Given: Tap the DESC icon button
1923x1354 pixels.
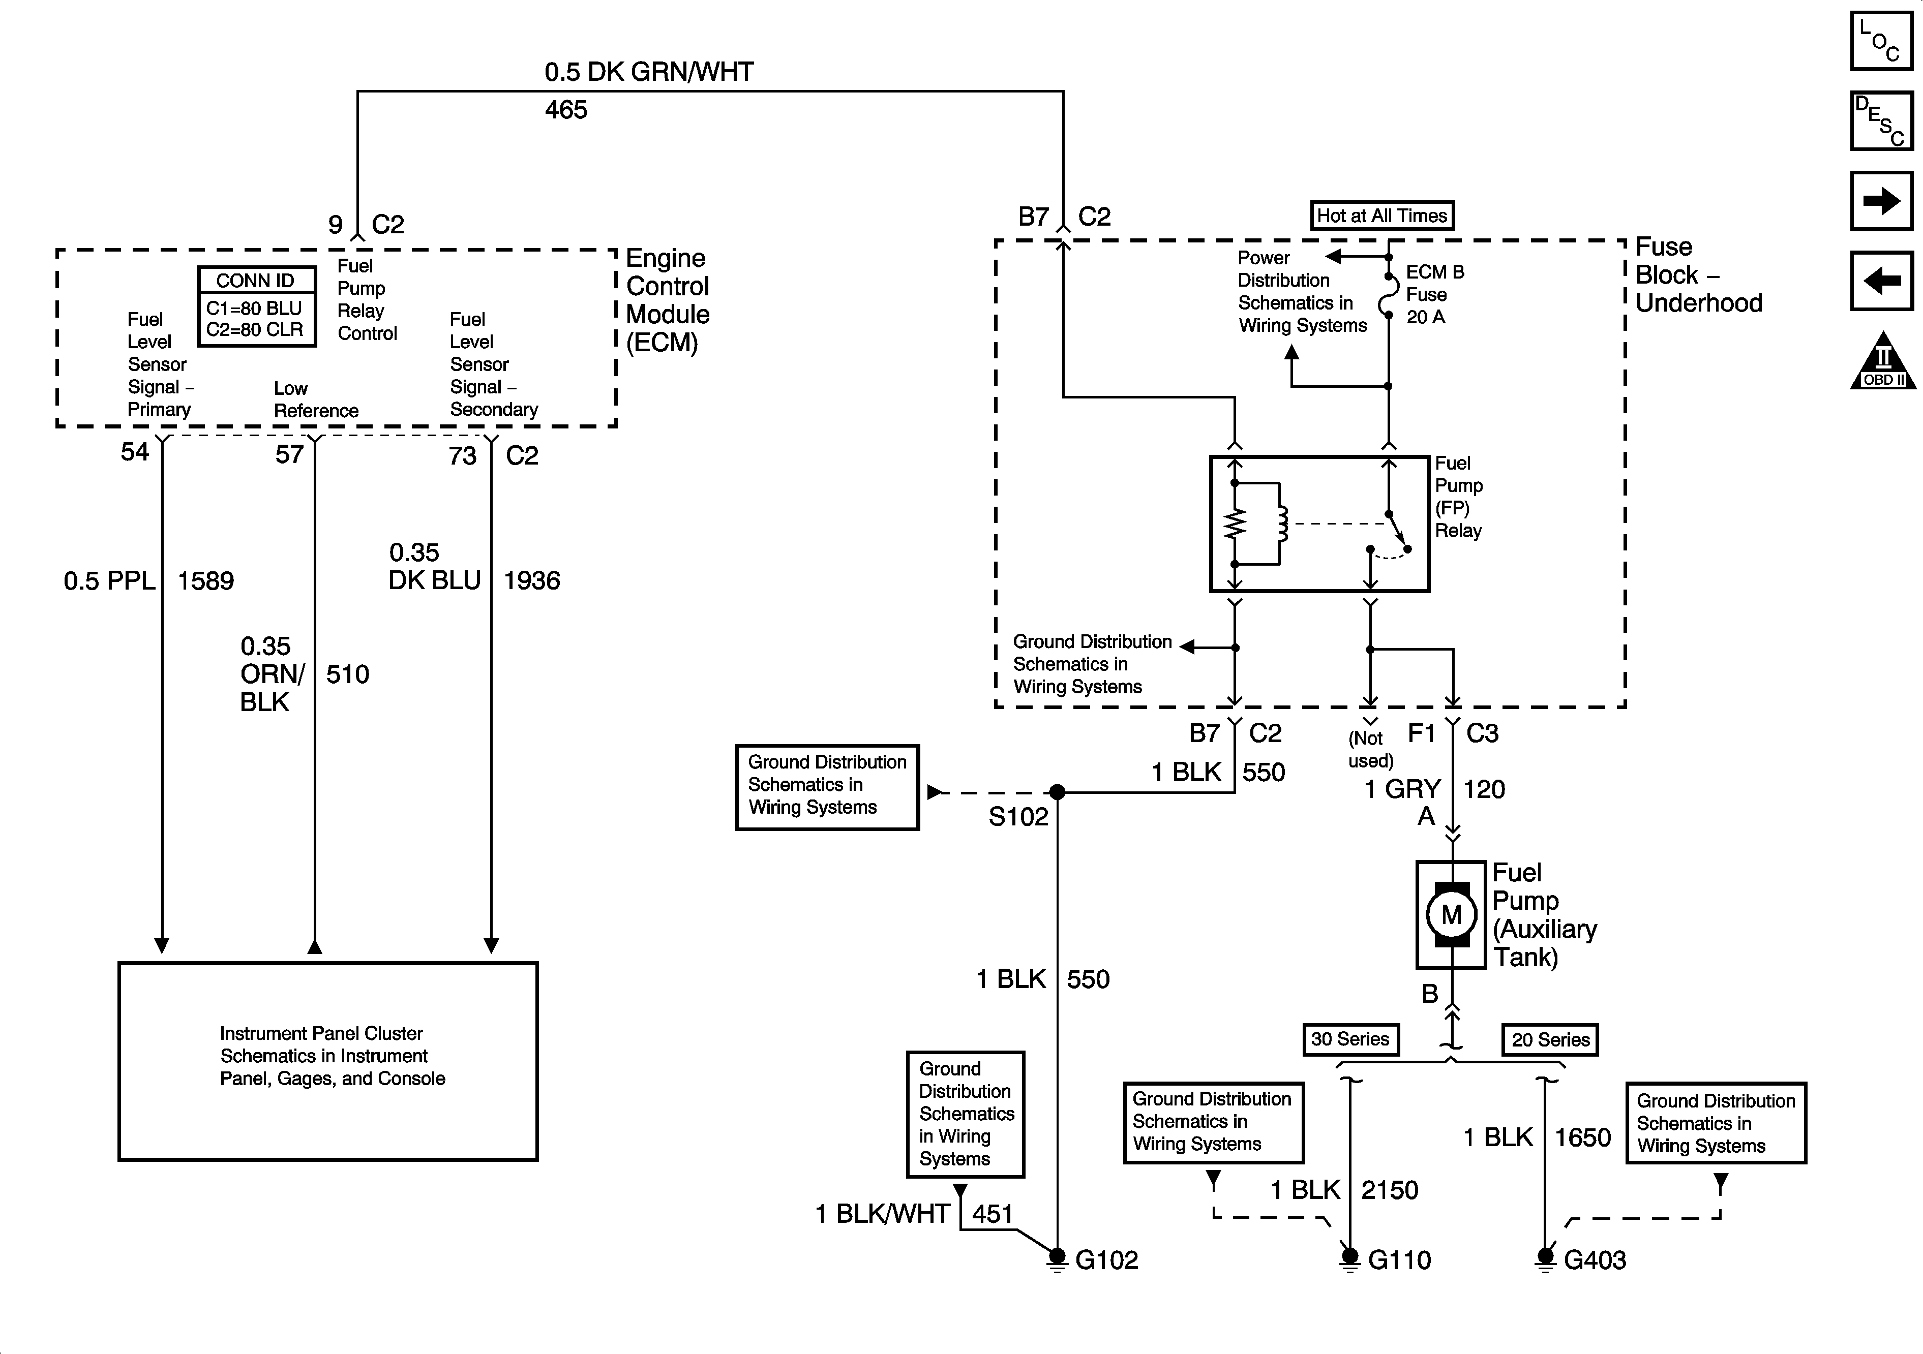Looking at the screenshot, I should click(1881, 120).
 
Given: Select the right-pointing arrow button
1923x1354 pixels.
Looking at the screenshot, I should click(1881, 201).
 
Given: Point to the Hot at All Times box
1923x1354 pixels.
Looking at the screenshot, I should click(1382, 215).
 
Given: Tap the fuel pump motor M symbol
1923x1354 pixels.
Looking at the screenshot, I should click(1452, 914).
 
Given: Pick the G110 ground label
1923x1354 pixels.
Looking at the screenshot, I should click(1399, 1260).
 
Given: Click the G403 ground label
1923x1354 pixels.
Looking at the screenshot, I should click(1595, 1260).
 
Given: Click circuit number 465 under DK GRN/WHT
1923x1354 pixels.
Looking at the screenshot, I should click(566, 110).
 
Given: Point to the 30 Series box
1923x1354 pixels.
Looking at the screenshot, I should click(1350, 1039).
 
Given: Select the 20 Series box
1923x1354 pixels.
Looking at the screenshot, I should click(1550, 1040).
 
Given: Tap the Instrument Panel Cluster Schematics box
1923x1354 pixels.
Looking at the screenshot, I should click(328, 1060).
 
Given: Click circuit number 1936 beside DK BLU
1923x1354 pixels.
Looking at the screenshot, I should click(532, 580).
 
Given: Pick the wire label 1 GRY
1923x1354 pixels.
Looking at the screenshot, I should click(1403, 789).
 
